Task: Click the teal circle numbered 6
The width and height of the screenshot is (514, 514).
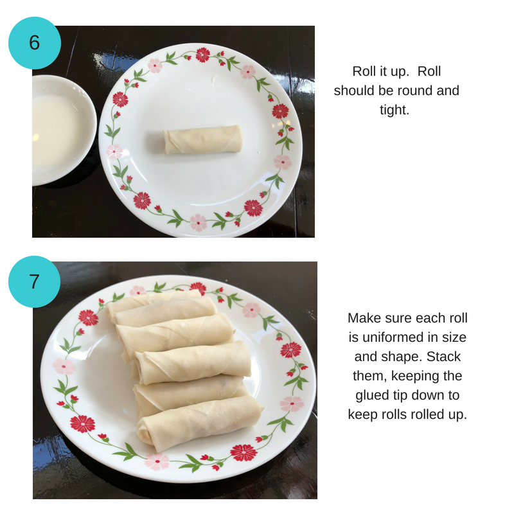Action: pos(34,42)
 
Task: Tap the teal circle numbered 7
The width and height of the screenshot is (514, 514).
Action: pos(34,281)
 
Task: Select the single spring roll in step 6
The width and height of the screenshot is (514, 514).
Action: pos(202,140)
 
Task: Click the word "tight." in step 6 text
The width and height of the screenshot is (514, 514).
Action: pos(394,111)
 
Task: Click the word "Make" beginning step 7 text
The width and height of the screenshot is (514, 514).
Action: pos(364,318)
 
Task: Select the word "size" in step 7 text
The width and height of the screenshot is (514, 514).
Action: pos(455,337)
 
